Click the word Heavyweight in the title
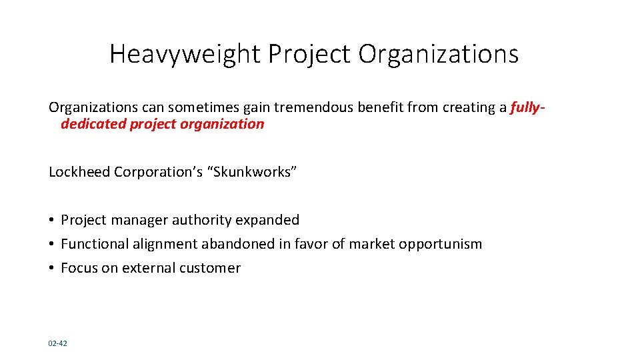click(185, 54)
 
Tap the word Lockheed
click(79, 172)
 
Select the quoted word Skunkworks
click(253, 172)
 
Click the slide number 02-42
click(57, 343)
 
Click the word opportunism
click(440, 244)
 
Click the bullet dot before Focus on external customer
click(51, 268)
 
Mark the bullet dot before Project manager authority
click(51, 220)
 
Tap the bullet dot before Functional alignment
click(51, 244)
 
